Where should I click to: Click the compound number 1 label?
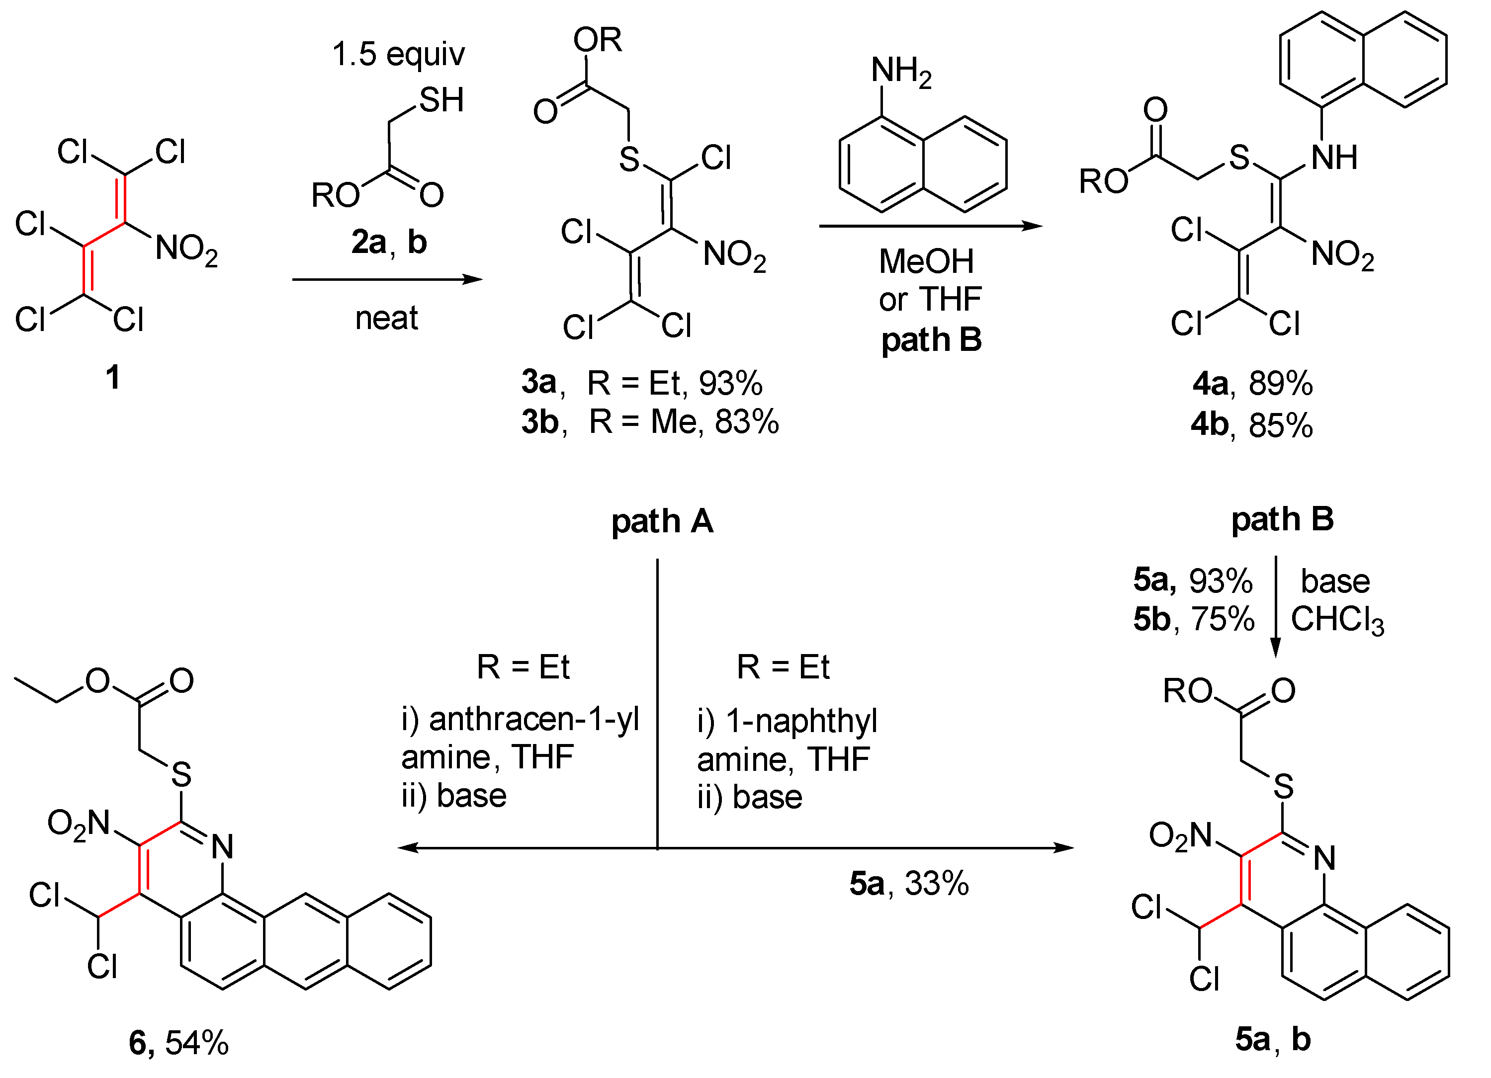112,377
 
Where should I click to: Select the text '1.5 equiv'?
398,54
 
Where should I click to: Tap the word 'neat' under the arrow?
387,318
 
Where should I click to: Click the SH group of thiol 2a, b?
441,100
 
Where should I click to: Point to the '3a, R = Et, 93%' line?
642,383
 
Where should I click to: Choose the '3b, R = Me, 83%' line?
649,421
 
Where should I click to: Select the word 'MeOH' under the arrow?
926,261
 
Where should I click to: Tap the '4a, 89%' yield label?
1252,383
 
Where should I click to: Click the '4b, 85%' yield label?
1252,424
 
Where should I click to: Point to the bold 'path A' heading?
662,521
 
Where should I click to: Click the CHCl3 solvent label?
1337,620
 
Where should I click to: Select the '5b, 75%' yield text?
1193,619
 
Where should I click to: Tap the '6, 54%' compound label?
179,1043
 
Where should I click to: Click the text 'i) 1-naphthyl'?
787,721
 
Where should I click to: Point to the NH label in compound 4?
1334,158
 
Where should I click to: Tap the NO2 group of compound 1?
186,250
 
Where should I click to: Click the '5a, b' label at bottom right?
1273,1039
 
